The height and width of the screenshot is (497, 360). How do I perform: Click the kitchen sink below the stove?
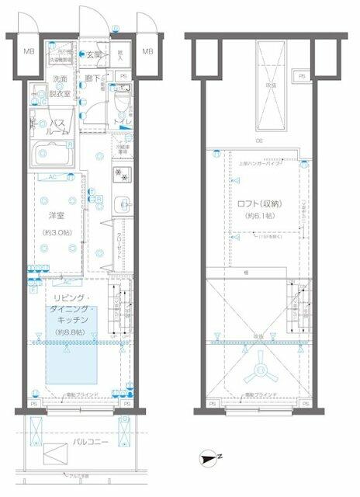click(121, 205)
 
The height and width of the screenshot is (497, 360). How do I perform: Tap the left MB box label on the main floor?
click(29, 53)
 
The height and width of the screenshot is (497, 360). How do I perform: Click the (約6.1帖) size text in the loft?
click(260, 215)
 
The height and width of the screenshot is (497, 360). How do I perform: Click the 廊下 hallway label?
click(91, 78)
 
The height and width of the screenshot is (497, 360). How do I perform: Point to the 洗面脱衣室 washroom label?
click(61, 85)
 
